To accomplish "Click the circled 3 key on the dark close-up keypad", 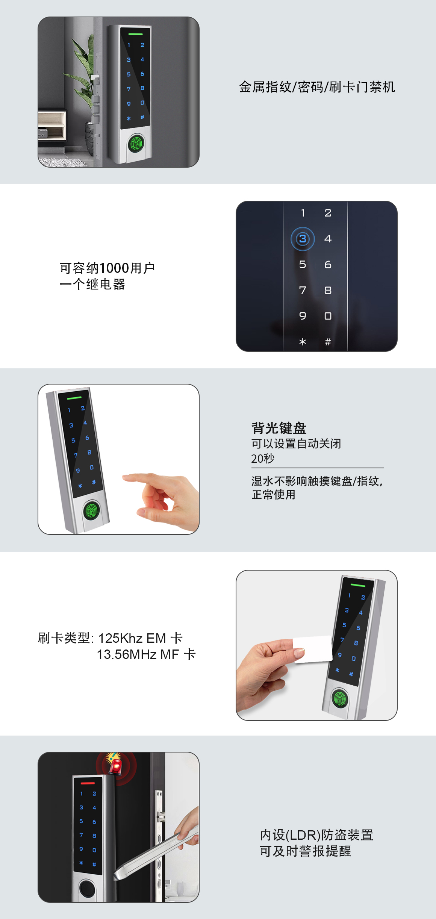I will [303, 239].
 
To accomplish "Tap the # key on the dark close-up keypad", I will [328, 342].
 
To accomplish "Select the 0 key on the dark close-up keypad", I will [328, 316].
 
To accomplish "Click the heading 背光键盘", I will [279, 428].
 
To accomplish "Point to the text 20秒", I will [263, 459].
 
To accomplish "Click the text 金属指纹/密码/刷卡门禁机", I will [317, 87].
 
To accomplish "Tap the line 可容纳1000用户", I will [107, 268].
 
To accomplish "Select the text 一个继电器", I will [92, 285].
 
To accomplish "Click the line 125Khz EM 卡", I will [140, 638].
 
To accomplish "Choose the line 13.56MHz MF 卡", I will [146, 654].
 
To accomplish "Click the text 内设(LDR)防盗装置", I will [316, 835].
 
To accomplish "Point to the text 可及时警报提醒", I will [305, 851].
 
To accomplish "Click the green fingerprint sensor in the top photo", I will [136, 144].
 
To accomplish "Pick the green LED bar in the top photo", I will [135, 34].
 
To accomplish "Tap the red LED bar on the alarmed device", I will [88, 783].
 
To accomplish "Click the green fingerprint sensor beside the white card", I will [340, 698].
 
